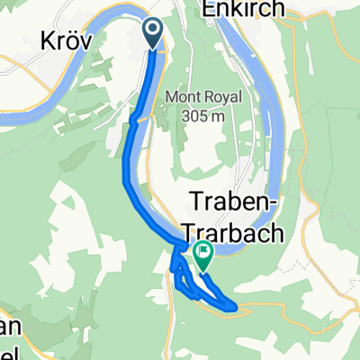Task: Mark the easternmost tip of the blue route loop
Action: coord(238,307)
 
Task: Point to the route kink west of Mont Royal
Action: coord(132,117)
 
